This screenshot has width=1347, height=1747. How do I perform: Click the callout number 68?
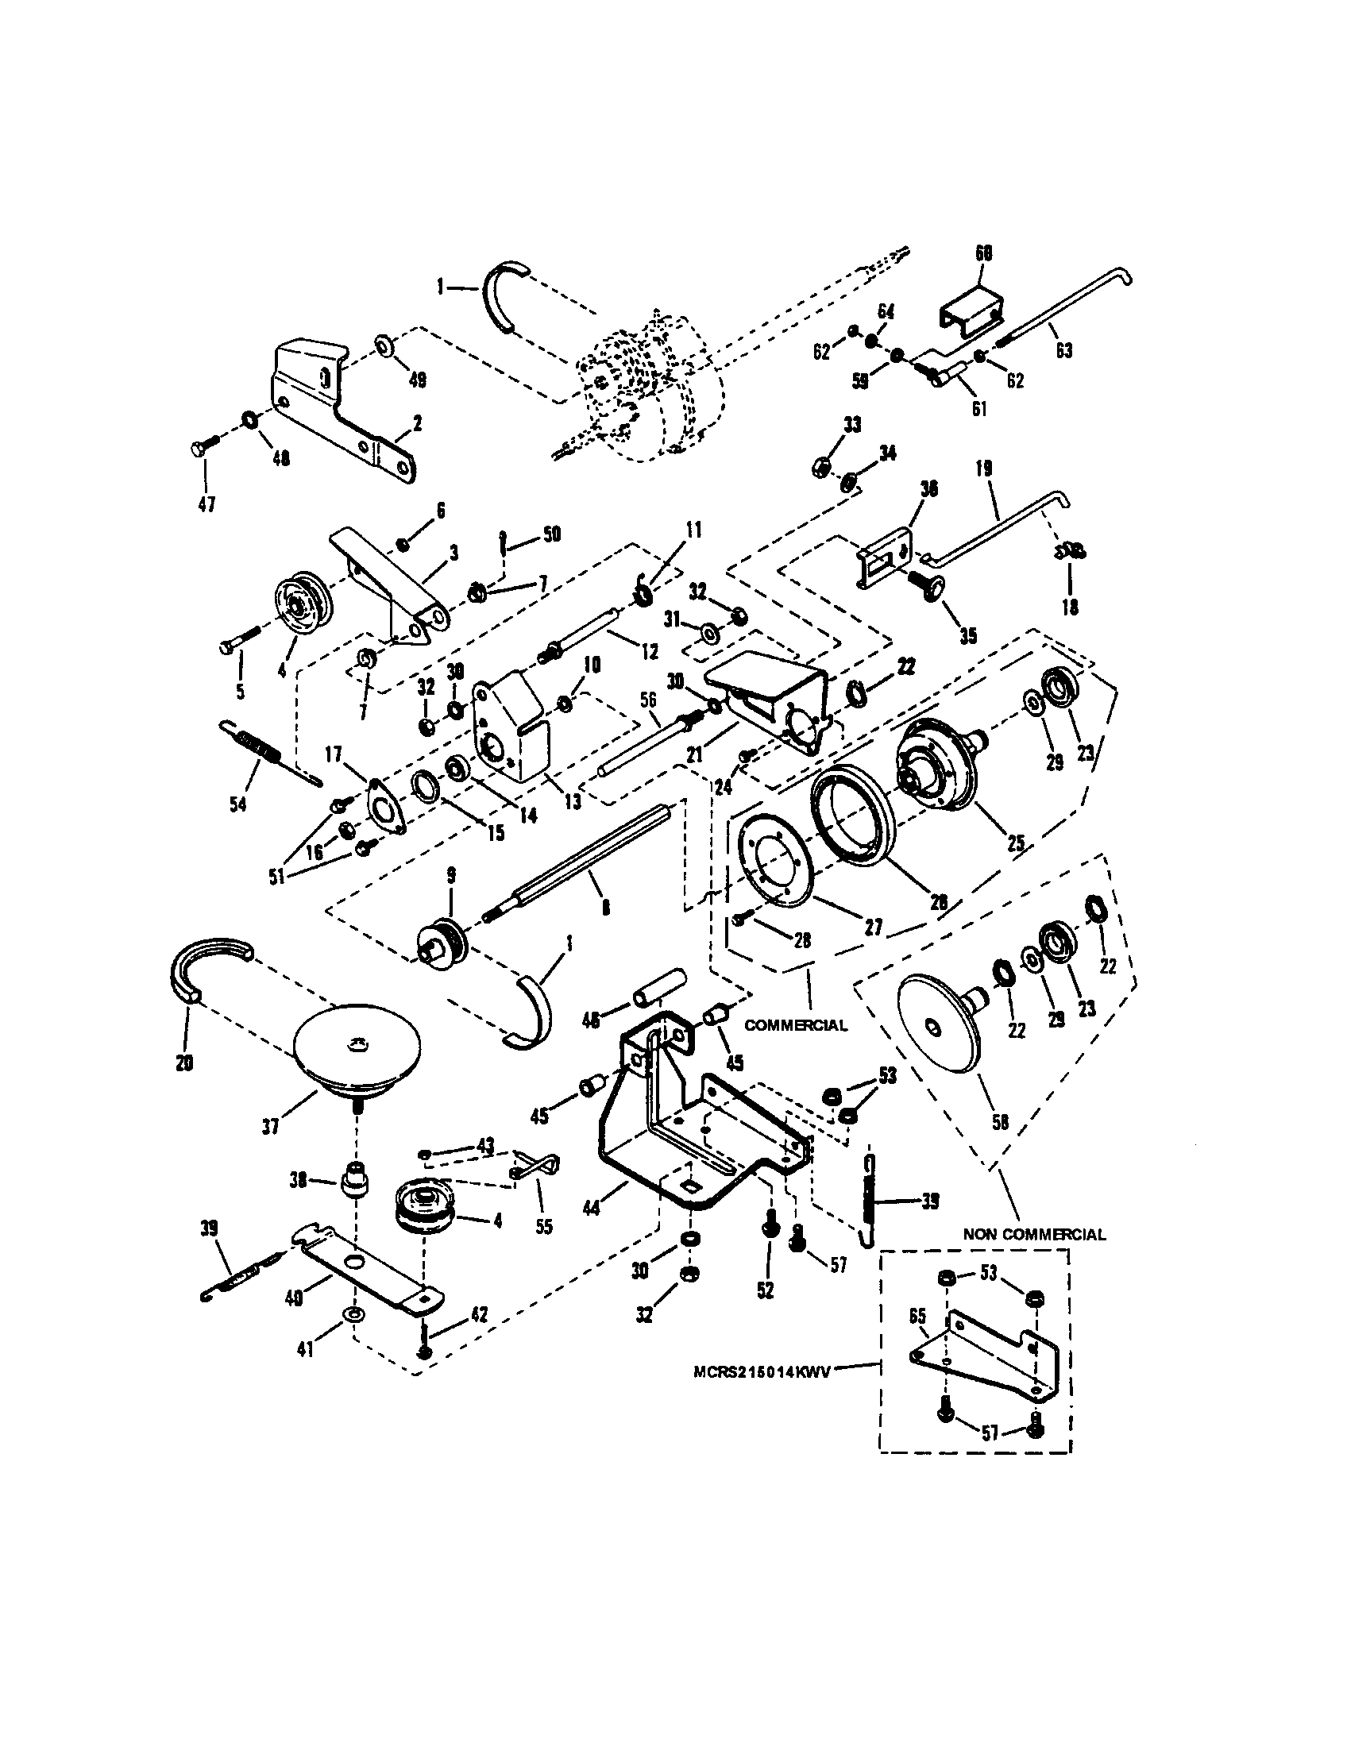(983, 253)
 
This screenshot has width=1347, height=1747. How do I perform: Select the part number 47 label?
(206, 505)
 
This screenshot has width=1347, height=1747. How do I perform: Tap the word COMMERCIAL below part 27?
(795, 1025)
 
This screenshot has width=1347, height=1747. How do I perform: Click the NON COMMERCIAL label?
(1033, 1234)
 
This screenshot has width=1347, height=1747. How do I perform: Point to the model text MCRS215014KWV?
(762, 1371)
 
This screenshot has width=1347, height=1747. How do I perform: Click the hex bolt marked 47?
(202, 450)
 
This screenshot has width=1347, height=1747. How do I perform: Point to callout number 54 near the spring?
(238, 802)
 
